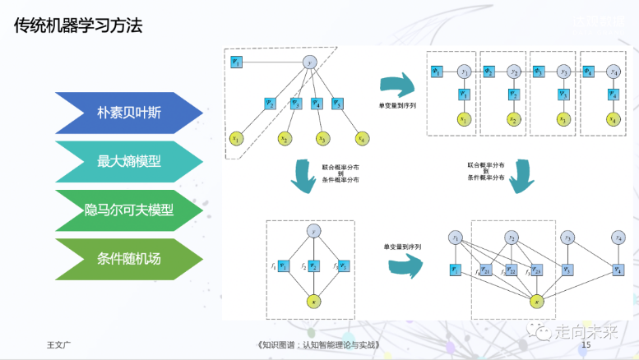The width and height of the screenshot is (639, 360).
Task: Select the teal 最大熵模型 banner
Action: pos(127,162)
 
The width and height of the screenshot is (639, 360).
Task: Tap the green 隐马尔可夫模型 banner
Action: pos(127,210)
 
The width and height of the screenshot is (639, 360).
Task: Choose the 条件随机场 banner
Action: pos(127,259)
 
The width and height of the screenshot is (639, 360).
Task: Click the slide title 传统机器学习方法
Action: pos(78,26)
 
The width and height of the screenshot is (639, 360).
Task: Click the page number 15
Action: pos(586,345)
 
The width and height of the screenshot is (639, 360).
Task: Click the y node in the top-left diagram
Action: pos(310,62)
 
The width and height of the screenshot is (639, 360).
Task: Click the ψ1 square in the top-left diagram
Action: pos(237,62)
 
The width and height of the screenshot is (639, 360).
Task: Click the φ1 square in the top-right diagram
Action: pos(438,72)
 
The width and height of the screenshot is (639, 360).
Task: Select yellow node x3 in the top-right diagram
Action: pos(563,120)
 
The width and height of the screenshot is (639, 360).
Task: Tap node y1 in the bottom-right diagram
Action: pos(456,238)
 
